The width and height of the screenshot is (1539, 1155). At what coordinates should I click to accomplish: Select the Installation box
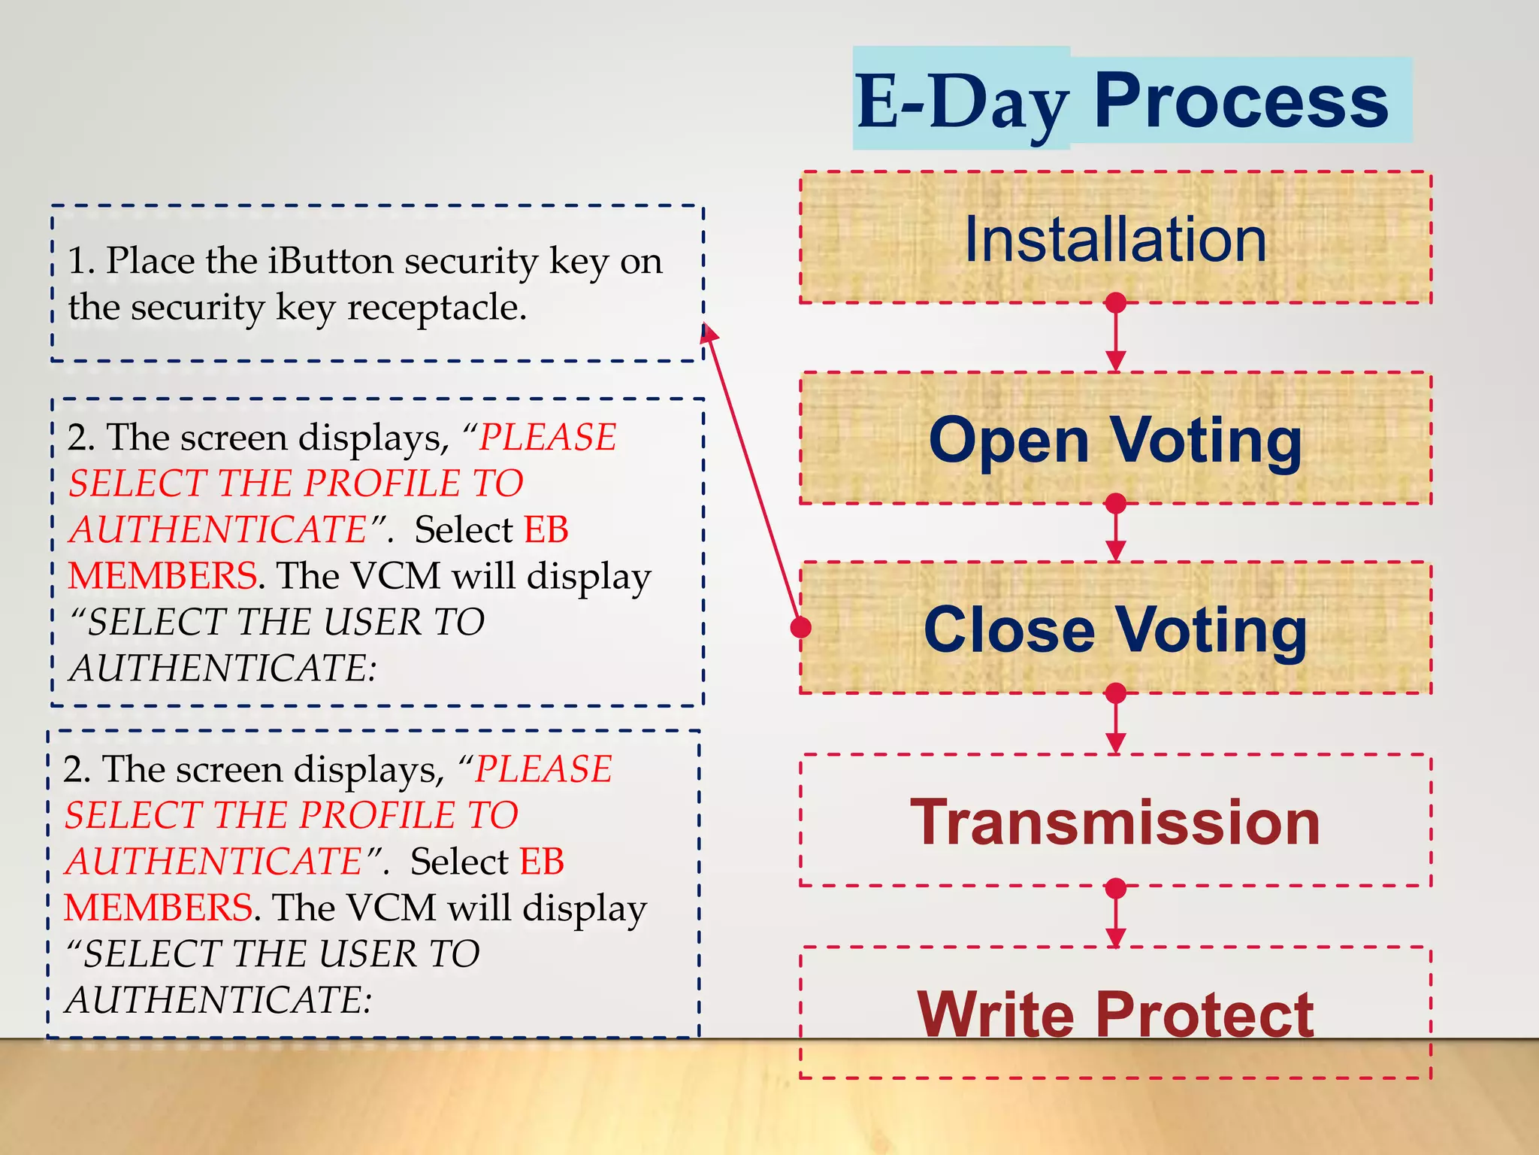[1115, 239]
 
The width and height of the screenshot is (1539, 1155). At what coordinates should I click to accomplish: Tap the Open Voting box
[1115, 440]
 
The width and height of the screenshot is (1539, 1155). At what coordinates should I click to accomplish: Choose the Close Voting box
[1115, 629]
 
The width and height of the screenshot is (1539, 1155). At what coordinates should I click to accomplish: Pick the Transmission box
[1115, 822]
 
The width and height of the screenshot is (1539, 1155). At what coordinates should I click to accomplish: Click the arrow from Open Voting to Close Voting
[1116, 532]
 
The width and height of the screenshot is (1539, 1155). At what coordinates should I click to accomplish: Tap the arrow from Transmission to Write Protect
[1116, 917]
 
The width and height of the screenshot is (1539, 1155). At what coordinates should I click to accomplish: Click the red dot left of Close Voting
[802, 626]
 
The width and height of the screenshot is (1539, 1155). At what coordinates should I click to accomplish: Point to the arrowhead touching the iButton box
[708, 333]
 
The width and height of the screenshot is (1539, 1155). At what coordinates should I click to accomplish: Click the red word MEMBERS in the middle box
[162, 576]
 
